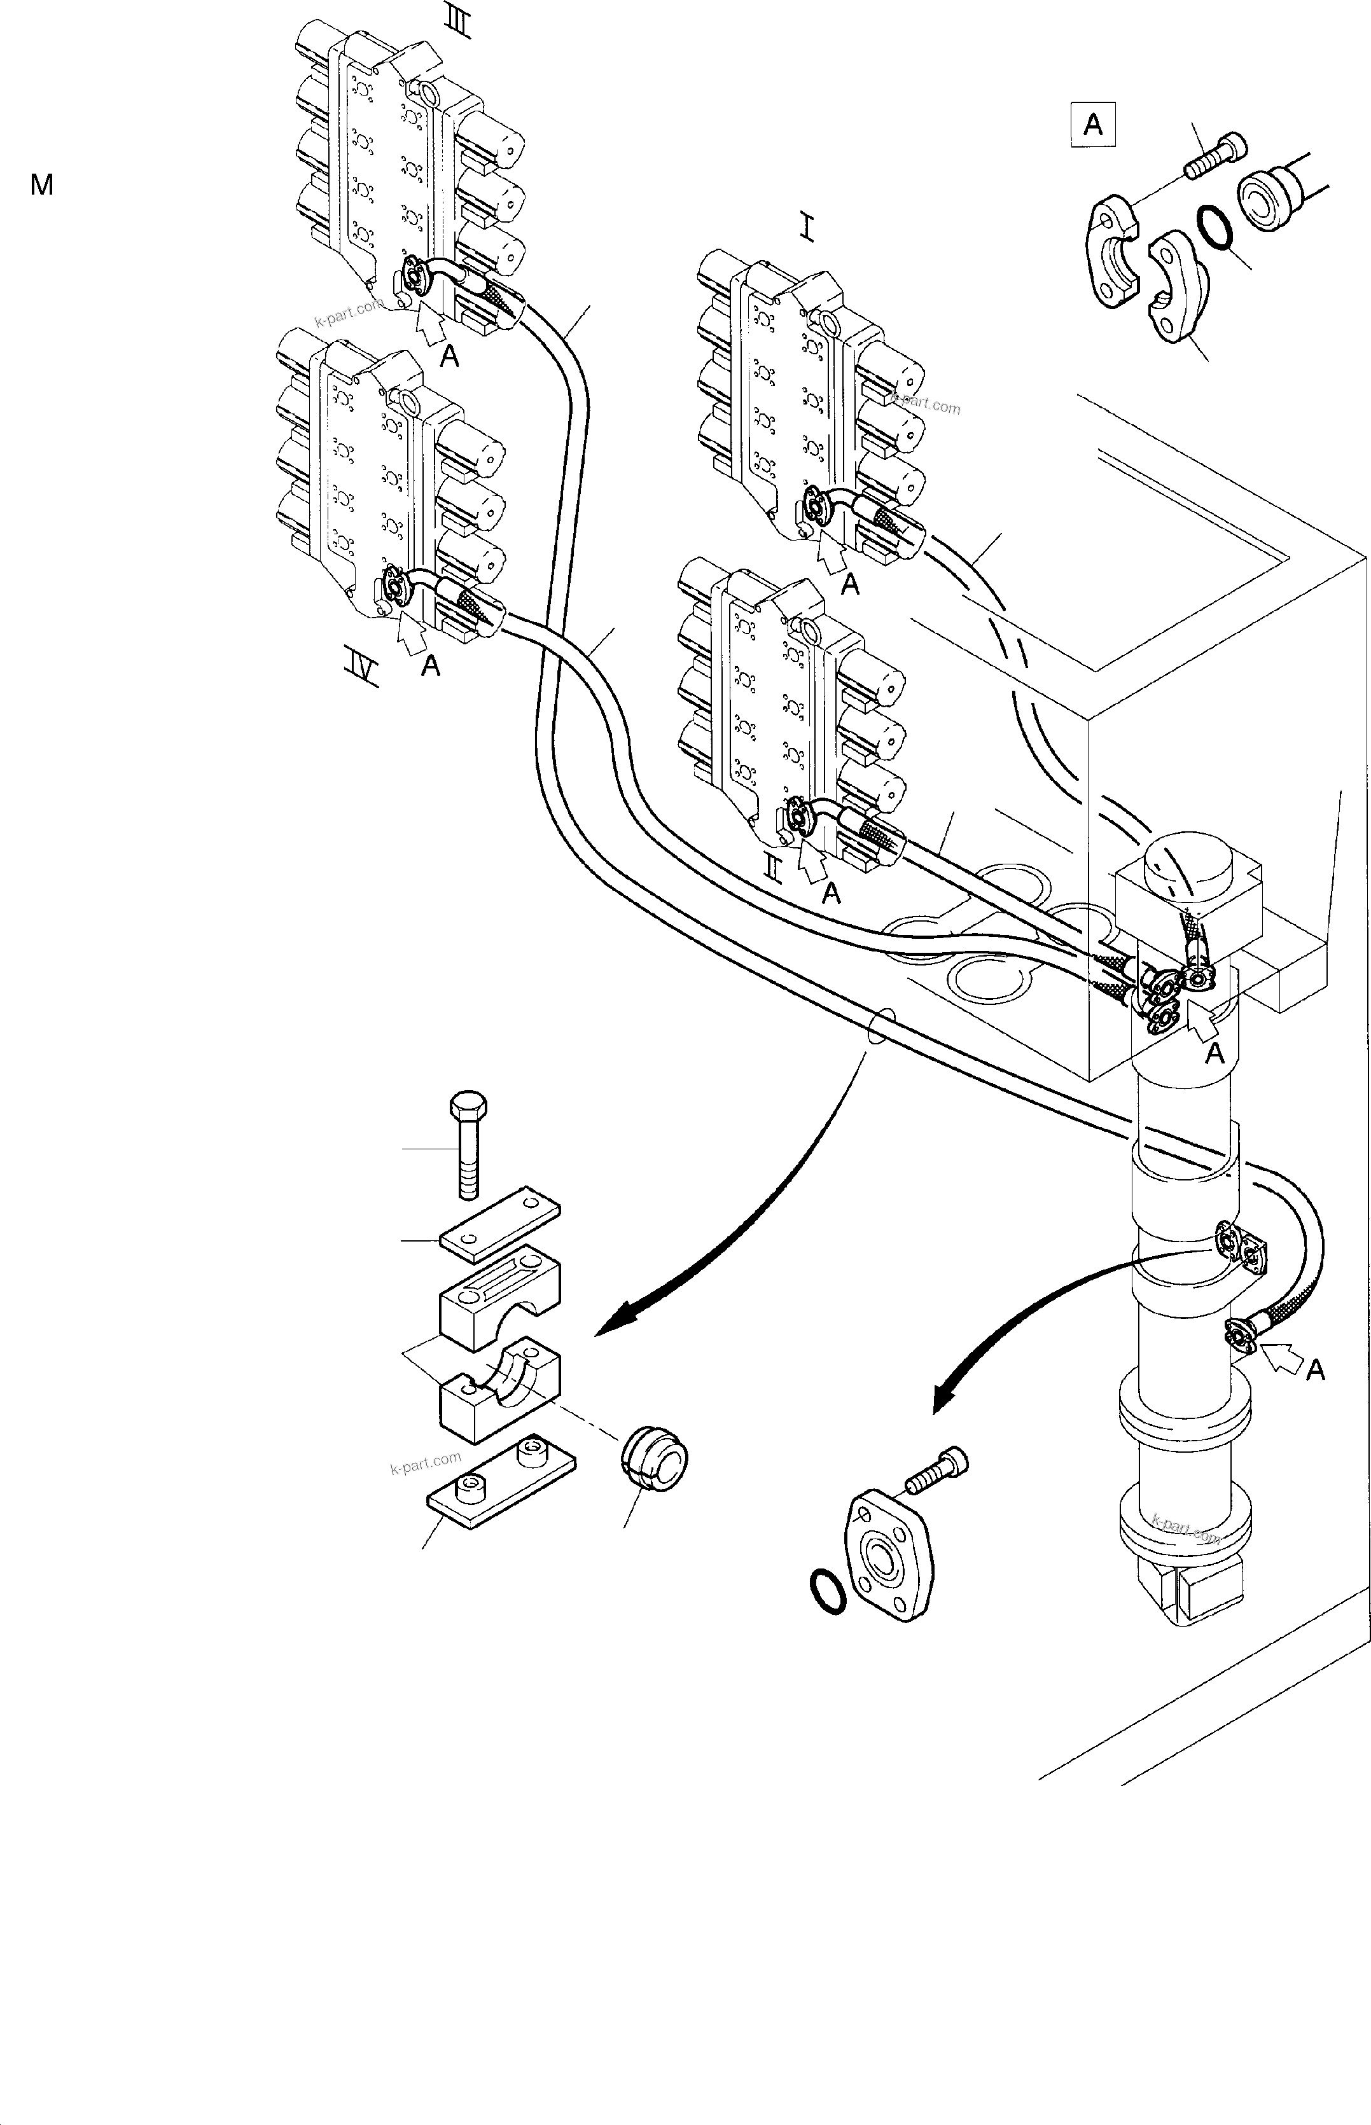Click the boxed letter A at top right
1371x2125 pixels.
pyautogui.click(x=1092, y=125)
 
